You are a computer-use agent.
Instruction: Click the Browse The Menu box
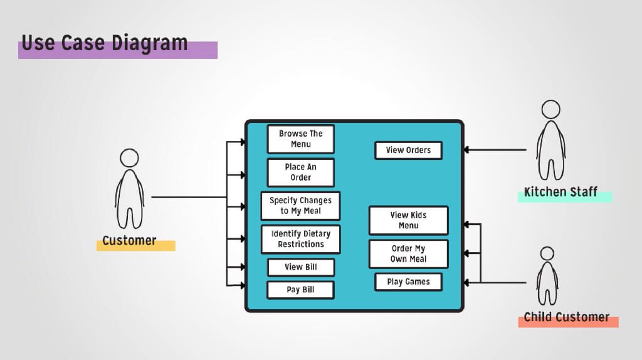coord(301,139)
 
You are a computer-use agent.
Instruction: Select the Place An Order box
coord(301,172)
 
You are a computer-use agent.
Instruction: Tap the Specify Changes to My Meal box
coord(301,206)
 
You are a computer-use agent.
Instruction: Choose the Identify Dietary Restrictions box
coord(301,239)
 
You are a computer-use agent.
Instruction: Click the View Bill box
coord(301,267)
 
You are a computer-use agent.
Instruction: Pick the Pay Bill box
coord(301,290)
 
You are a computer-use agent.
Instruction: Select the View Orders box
coord(408,151)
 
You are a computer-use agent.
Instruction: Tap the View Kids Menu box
coord(408,220)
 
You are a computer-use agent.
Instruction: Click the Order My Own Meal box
coord(408,253)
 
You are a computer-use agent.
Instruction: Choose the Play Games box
coord(408,282)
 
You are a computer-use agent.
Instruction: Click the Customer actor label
coord(129,241)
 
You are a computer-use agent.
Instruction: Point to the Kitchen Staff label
coord(560,192)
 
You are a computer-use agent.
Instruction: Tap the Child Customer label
coord(566,317)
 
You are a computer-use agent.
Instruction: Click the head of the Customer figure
coord(129,157)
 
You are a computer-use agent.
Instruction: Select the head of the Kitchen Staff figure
coord(550,109)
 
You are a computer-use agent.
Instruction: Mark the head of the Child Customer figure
coord(547,253)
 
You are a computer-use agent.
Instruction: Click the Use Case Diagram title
coord(105,43)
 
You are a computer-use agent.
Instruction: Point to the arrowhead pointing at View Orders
coord(467,150)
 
